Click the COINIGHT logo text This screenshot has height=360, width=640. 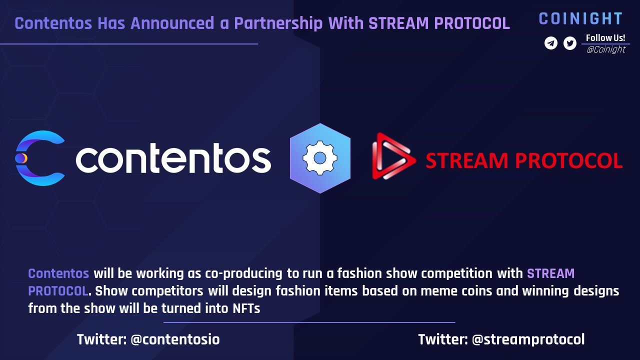pos(580,19)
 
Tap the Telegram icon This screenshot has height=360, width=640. pos(551,43)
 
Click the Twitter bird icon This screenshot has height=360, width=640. pos(569,43)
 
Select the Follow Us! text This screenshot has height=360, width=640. pos(605,37)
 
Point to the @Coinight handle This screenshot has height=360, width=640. pos(606,49)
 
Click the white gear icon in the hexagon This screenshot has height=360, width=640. pos(320,157)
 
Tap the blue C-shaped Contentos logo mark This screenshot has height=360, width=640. pos(40,158)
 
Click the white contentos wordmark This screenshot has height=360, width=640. pos(173,158)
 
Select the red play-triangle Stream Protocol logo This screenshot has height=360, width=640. pos(393,156)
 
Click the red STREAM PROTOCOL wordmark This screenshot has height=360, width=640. pos(523,160)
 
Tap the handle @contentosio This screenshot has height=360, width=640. pos(175,339)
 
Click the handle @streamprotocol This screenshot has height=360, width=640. pos(528,339)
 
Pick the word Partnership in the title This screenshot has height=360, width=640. pos(278,23)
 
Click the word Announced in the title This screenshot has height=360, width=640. pos(172,23)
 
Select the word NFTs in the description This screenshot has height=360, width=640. pos(246,308)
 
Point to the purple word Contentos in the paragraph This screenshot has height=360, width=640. pos(58,273)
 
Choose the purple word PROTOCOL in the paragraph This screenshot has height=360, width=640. pos(58,291)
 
